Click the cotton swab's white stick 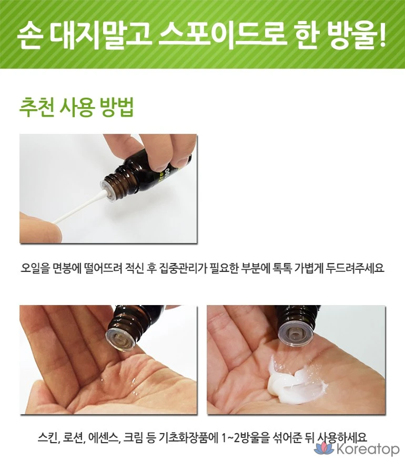pyautogui.click(x=76, y=211)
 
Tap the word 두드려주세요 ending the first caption pyautogui.click(x=355, y=268)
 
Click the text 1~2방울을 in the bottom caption pyautogui.click(x=246, y=437)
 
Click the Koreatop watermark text pyautogui.click(x=368, y=449)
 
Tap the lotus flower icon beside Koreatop pyautogui.click(x=324, y=448)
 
